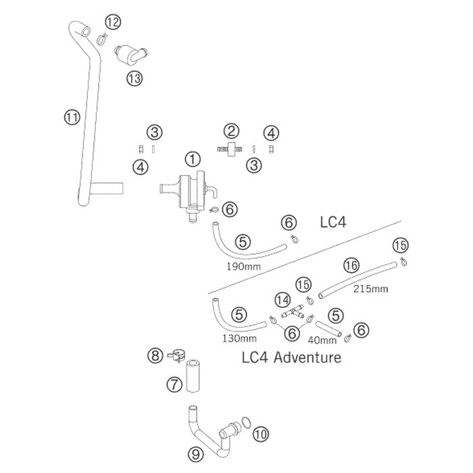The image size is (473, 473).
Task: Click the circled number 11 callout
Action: click(72, 118)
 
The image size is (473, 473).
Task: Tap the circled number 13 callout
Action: click(134, 78)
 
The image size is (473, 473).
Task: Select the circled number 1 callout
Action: click(193, 159)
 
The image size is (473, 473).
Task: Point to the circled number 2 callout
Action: click(231, 132)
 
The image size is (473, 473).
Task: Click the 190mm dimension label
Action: click(244, 267)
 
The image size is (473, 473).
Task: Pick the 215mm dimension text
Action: click(371, 289)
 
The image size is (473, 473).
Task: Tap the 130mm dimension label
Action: click(239, 339)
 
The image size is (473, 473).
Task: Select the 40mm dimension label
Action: click(322, 341)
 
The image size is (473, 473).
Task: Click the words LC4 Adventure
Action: click(292, 357)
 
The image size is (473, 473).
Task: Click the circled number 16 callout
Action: click(351, 266)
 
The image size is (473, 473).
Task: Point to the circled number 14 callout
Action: click(282, 301)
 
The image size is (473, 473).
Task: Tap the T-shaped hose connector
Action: click(293, 313)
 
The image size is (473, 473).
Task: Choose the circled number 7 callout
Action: click(174, 384)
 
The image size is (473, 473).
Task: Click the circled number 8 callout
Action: click(155, 355)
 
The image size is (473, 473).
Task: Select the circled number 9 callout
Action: click(196, 454)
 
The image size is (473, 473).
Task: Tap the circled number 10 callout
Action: click(261, 434)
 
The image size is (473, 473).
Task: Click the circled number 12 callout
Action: click(113, 22)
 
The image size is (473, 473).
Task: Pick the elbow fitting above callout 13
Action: click(130, 53)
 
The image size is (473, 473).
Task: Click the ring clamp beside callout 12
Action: click(102, 39)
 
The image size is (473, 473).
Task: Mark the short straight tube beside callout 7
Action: click(193, 376)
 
